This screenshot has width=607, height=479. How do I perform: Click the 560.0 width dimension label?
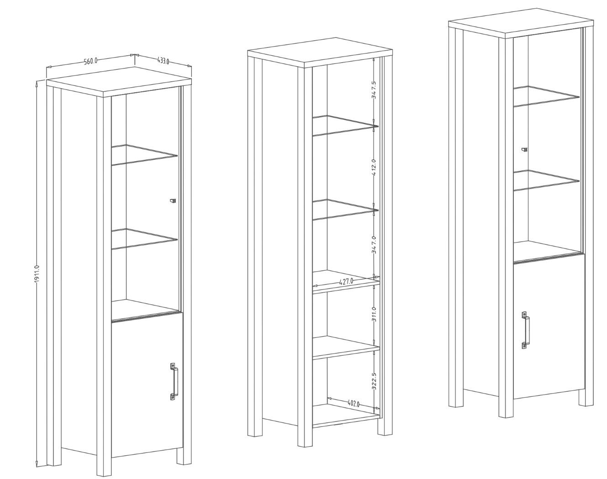click(x=90, y=61)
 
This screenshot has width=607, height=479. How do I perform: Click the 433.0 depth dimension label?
click(x=163, y=61)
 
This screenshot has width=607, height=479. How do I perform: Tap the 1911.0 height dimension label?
click(x=37, y=275)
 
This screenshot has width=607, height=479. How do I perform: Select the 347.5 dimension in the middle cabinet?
click(x=374, y=90)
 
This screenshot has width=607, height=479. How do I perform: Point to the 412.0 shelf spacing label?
click(x=374, y=168)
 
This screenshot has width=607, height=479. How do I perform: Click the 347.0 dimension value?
click(x=374, y=245)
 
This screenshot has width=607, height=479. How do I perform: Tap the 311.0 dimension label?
click(x=374, y=316)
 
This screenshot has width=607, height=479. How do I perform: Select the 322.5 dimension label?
click(x=375, y=381)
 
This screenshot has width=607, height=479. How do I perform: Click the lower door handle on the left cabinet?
click(x=174, y=381)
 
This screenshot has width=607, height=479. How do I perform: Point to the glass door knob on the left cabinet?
click(x=173, y=200)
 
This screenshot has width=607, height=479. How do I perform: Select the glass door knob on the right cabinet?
click(x=524, y=149)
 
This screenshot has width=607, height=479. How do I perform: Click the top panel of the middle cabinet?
click(x=320, y=53)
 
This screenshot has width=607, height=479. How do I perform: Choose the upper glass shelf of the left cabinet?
click(x=144, y=155)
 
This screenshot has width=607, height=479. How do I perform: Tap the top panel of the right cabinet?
click(x=521, y=25)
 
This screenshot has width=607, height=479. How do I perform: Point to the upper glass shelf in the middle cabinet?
click(x=345, y=126)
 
